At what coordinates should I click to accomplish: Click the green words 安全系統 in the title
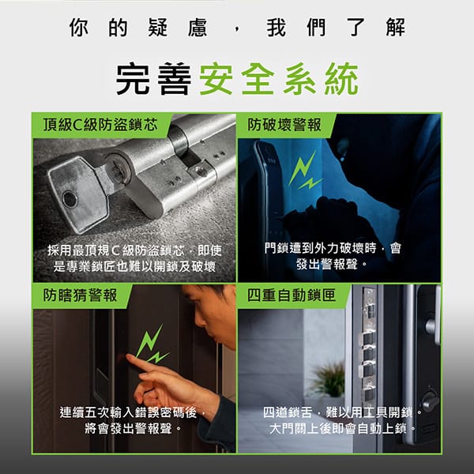click(x=279, y=79)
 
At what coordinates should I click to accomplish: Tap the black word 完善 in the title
click(x=153, y=79)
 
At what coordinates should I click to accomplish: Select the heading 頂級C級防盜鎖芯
click(x=100, y=125)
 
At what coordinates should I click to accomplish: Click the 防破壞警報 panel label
click(x=284, y=125)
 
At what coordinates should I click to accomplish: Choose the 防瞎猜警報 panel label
click(x=80, y=295)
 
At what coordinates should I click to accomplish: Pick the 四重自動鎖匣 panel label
click(x=292, y=295)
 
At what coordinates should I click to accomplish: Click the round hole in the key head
click(x=70, y=200)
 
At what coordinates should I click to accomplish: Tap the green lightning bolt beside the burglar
click(x=305, y=171)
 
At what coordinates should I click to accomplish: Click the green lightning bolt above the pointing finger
click(x=152, y=344)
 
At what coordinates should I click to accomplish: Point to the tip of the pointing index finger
click(x=128, y=357)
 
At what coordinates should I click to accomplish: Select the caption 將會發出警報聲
click(x=129, y=428)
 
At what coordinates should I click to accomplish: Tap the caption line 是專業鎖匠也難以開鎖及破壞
click(x=134, y=266)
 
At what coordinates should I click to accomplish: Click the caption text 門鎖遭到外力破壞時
click(x=320, y=248)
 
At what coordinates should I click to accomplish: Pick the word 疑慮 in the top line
click(x=178, y=27)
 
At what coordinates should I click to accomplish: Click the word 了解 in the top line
click(x=375, y=27)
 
